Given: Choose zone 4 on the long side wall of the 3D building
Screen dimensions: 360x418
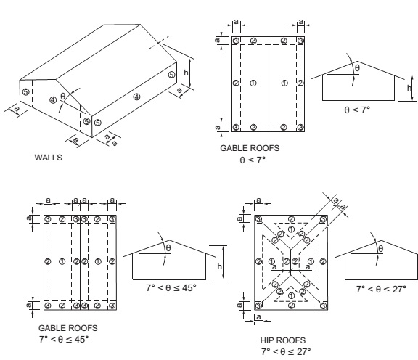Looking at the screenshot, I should pyautogui.click(x=136, y=96).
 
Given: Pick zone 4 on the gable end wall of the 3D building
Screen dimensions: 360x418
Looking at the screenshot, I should pyautogui.click(x=52, y=99).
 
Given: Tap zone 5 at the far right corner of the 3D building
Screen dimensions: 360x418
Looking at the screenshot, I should pyautogui.click(x=171, y=75).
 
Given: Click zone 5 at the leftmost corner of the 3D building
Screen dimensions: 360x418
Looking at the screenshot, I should pyautogui.click(x=25, y=91).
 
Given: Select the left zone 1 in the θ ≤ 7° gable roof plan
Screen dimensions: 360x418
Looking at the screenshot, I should pyautogui.click(x=252, y=83).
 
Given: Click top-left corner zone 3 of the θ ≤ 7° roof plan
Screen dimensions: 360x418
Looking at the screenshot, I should pyautogui.click(x=236, y=41).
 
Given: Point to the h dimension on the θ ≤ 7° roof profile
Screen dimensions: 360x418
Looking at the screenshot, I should pyautogui.click(x=409, y=87).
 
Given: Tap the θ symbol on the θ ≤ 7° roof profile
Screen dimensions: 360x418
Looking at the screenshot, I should pyautogui.click(x=356, y=67).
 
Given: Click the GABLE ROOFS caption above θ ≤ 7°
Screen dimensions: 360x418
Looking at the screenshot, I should pyautogui.click(x=250, y=147).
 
